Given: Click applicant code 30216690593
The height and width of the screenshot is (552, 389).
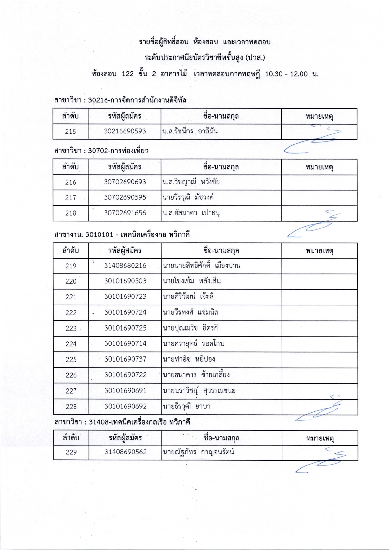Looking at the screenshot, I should (x=125, y=131).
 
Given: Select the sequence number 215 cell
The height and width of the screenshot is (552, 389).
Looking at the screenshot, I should (x=70, y=132).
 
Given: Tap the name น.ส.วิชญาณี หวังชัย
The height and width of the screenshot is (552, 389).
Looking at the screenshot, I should (x=191, y=182).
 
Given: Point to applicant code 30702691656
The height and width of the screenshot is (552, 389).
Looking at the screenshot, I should (x=125, y=213).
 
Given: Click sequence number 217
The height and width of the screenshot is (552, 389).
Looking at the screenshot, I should (x=70, y=198).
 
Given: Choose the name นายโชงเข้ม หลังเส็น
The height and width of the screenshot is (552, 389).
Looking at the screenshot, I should (x=191, y=281).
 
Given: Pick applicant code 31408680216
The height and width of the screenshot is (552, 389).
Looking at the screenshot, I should (x=125, y=266).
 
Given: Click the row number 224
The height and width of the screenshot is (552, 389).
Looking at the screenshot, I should (x=71, y=344).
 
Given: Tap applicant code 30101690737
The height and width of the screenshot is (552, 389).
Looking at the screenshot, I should (x=125, y=359).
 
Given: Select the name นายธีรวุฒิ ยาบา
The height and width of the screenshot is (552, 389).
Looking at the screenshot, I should (x=186, y=407).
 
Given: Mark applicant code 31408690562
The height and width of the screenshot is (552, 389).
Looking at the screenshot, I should (x=126, y=452).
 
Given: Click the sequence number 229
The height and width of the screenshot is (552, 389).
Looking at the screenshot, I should (x=71, y=453).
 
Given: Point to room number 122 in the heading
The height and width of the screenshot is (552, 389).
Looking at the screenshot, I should (x=127, y=74).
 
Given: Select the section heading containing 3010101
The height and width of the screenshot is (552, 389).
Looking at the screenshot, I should (x=122, y=235).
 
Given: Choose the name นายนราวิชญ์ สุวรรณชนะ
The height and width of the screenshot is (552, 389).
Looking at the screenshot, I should (x=199, y=391).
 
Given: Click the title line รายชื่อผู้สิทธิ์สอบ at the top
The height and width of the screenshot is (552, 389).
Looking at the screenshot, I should (x=205, y=42).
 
